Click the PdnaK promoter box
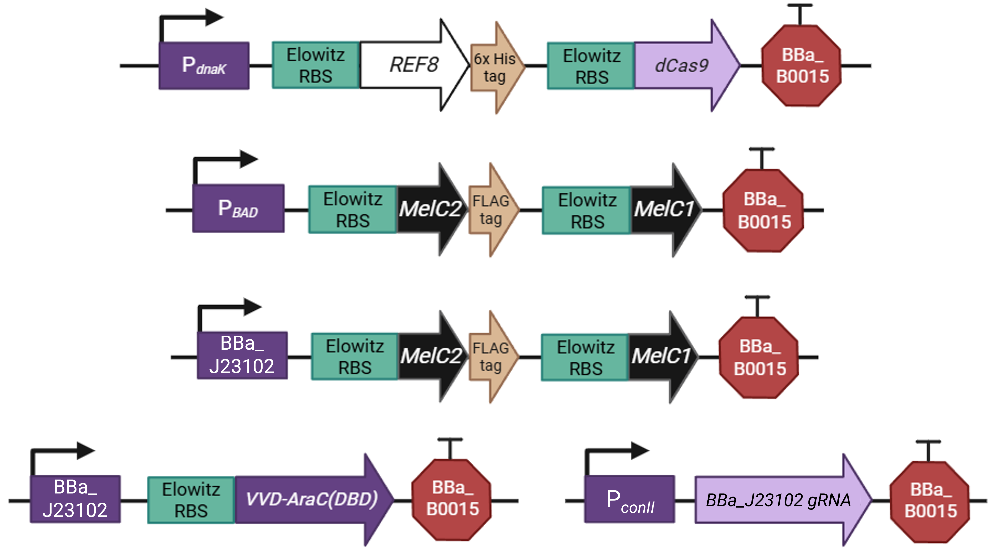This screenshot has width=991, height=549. (204, 66)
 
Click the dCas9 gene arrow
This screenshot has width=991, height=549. (687, 65)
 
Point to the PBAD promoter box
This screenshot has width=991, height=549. (238, 208)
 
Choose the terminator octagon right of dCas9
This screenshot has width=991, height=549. (801, 65)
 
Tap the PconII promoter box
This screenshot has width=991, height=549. (629, 499)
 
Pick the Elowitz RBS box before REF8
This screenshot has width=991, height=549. (316, 65)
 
